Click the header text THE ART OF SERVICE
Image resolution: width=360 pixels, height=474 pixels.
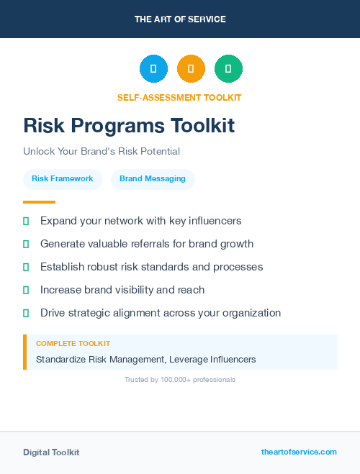pyautogui.click(x=180, y=19)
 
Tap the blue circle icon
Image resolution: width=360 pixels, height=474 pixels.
pyautogui.click(x=153, y=68)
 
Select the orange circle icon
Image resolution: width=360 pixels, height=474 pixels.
pyautogui.click(x=191, y=68)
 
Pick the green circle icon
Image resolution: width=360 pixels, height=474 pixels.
pyautogui.click(x=228, y=68)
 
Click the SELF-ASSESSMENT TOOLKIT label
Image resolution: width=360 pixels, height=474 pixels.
pyautogui.click(x=179, y=97)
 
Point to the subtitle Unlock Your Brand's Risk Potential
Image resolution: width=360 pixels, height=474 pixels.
pyautogui.click(x=101, y=152)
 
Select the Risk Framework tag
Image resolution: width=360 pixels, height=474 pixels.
pyautogui.click(x=62, y=178)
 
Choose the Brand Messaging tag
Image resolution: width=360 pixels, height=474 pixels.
pyautogui.click(x=153, y=178)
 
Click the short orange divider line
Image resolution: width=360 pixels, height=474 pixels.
pyautogui.click(x=39, y=202)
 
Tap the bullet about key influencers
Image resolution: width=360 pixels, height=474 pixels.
pyautogui.click(x=140, y=221)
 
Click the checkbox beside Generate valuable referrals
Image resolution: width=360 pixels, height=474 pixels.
pyautogui.click(x=26, y=244)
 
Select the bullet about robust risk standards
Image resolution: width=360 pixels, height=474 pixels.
pyautogui.click(x=151, y=267)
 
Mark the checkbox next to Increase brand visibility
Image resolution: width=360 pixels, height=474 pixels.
pyautogui.click(x=26, y=290)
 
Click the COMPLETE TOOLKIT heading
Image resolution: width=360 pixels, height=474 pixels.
pyautogui.click(x=73, y=344)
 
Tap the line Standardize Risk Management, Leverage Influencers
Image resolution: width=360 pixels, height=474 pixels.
pyautogui.click(x=145, y=359)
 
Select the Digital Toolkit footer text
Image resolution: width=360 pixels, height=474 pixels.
pyautogui.click(x=51, y=452)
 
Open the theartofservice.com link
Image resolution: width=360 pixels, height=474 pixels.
pyautogui.click(x=299, y=452)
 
